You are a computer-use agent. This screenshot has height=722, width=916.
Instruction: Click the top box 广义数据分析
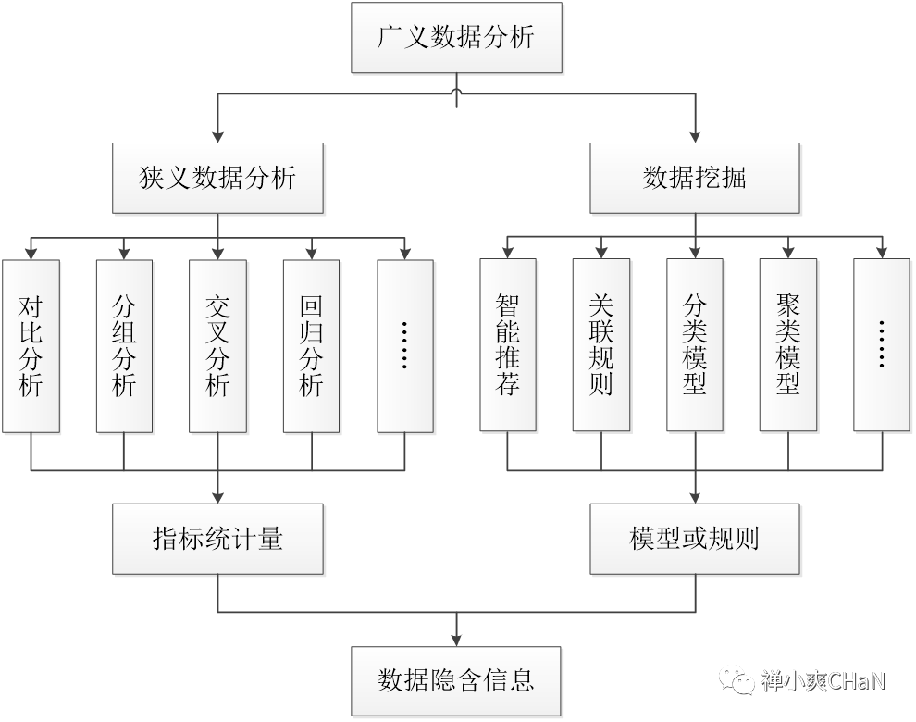pyautogui.click(x=456, y=38)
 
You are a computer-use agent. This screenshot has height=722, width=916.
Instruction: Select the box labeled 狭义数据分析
pyautogui.click(x=218, y=178)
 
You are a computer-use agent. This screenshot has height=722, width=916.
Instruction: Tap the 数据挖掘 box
pyautogui.click(x=695, y=178)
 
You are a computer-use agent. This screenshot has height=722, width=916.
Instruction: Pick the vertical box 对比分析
pyautogui.click(x=31, y=345)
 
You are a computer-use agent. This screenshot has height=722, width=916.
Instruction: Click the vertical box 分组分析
pyautogui.click(x=124, y=345)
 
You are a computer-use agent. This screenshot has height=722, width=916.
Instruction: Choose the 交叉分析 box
pyautogui.click(x=218, y=345)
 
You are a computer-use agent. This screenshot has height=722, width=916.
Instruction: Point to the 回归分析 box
pyautogui.click(x=312, y=345)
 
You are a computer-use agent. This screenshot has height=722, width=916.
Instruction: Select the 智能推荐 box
pyautogui.click(x=508, y=345)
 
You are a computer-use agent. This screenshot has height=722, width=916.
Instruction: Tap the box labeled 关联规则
pyautogui.click(x=601, y=345)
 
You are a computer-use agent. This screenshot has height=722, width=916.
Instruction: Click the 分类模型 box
pyautogui.click(x=695, y=345)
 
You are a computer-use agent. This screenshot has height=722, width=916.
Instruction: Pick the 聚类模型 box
pyautogui.click(x=788, y=345)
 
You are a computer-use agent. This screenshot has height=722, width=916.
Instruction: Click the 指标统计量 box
pyautogui.click(x=218, y=539)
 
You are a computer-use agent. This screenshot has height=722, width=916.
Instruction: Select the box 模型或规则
pyautogui.click(x=695, y=539)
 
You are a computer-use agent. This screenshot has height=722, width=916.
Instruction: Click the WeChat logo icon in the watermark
pyautogui.click(x=737, y=680)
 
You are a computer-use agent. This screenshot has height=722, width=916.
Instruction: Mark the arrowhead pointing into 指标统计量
pyautogui.click(x=218, y=498)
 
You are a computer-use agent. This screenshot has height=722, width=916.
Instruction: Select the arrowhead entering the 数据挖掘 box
pyautogui.click(x=695, y=136)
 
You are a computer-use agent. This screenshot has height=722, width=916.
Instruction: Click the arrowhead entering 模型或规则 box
pyautogui.click(x=695, y=498)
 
